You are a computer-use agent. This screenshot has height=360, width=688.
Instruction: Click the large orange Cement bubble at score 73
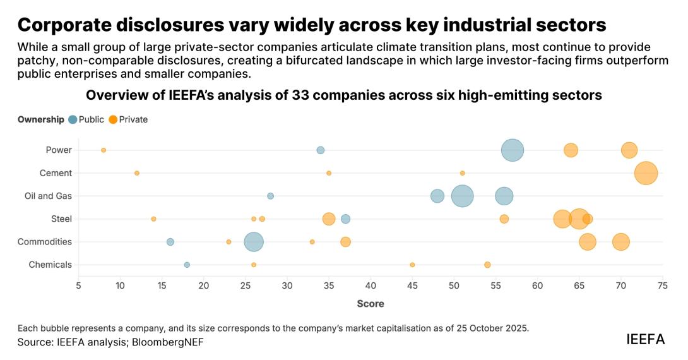click(646, 173)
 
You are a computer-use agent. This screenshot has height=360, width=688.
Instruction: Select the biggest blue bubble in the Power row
click(513, 150)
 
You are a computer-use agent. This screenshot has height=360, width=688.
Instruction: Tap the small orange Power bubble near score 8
click(104, 150)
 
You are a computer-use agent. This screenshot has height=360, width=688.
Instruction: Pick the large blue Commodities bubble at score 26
click(254, 242)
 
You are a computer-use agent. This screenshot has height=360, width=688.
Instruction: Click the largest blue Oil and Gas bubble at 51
click(463, 196)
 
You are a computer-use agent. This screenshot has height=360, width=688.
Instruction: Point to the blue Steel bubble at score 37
click(345, 219)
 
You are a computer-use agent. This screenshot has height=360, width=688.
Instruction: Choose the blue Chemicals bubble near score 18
click(187, 265)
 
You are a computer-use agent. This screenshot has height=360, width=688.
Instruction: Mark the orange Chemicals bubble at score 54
click(487, 265)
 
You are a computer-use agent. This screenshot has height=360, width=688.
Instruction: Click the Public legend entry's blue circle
click(73, 119)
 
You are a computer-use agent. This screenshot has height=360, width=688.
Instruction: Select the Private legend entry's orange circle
click(113, 119)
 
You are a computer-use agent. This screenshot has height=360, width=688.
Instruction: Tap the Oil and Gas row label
click(48, 196)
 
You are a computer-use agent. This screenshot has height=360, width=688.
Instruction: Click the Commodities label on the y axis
click(45, 242)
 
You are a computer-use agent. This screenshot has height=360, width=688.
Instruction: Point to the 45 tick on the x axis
click(412, 286)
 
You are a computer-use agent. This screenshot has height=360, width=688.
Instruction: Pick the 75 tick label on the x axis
click(663, 286)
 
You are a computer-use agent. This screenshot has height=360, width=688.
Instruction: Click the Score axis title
click(371, 304)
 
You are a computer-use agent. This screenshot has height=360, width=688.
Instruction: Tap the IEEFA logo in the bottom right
click(645, 339)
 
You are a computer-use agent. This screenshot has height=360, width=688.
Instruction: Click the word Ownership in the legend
click(41, 119)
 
